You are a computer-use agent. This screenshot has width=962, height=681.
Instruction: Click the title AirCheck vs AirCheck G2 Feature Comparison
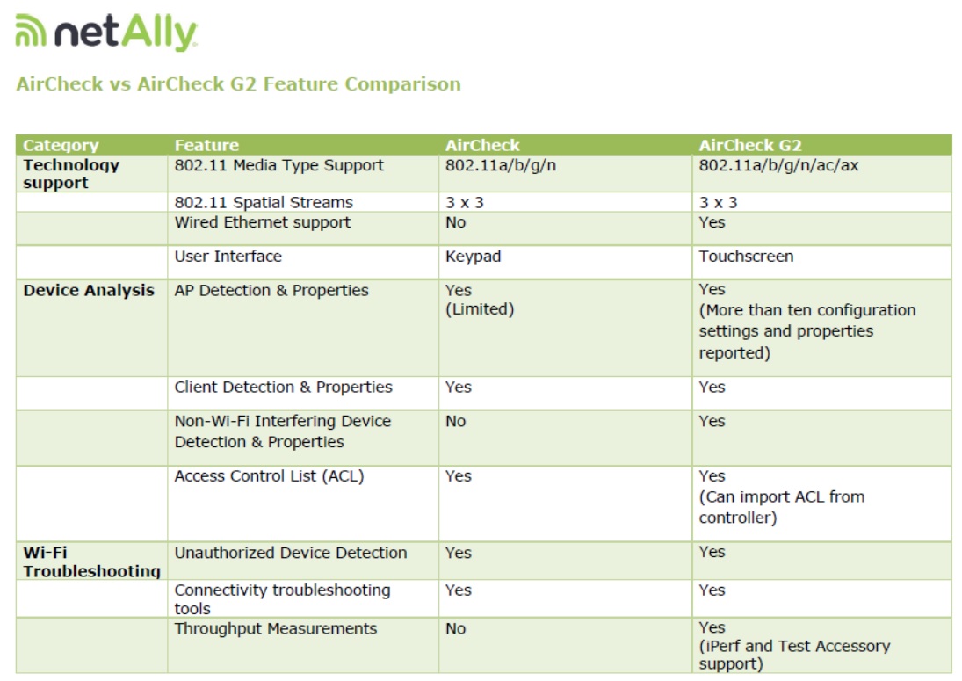pos(238,83)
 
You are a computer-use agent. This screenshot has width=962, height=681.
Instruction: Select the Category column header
pos(61,145)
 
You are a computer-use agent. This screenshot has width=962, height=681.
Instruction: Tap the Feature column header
pos(206,145)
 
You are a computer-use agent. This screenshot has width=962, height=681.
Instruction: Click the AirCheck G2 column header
pos(749,145)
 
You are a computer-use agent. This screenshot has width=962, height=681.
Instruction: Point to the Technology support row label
pos(71,174)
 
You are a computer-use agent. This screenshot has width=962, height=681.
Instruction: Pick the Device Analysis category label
pos(89,290)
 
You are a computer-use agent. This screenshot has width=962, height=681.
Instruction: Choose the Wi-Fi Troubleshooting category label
pos(92,561)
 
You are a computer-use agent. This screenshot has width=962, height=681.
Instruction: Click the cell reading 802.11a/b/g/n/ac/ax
pos(778,165)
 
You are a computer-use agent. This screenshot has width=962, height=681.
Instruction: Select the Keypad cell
pos(473,257)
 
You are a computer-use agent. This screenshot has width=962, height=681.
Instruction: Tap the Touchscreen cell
pos(746,256)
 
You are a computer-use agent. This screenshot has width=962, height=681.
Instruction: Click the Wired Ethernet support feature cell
pos(263,222)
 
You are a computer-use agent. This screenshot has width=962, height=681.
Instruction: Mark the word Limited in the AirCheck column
pos(480,309)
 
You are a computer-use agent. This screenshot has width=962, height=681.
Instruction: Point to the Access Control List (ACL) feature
pos(270,476)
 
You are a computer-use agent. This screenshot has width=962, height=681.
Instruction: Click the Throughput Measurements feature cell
pos(276,629)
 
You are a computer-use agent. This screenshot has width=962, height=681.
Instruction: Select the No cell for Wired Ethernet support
pos(455,222)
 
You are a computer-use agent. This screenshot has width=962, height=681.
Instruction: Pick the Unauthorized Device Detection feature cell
pos(291,553)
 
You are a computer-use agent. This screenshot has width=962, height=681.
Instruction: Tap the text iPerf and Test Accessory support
pos(794,655)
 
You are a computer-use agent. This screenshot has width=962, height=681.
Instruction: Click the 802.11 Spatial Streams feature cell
pos(264,202)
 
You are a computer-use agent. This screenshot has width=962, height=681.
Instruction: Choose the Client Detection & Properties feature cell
pos(284,388)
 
